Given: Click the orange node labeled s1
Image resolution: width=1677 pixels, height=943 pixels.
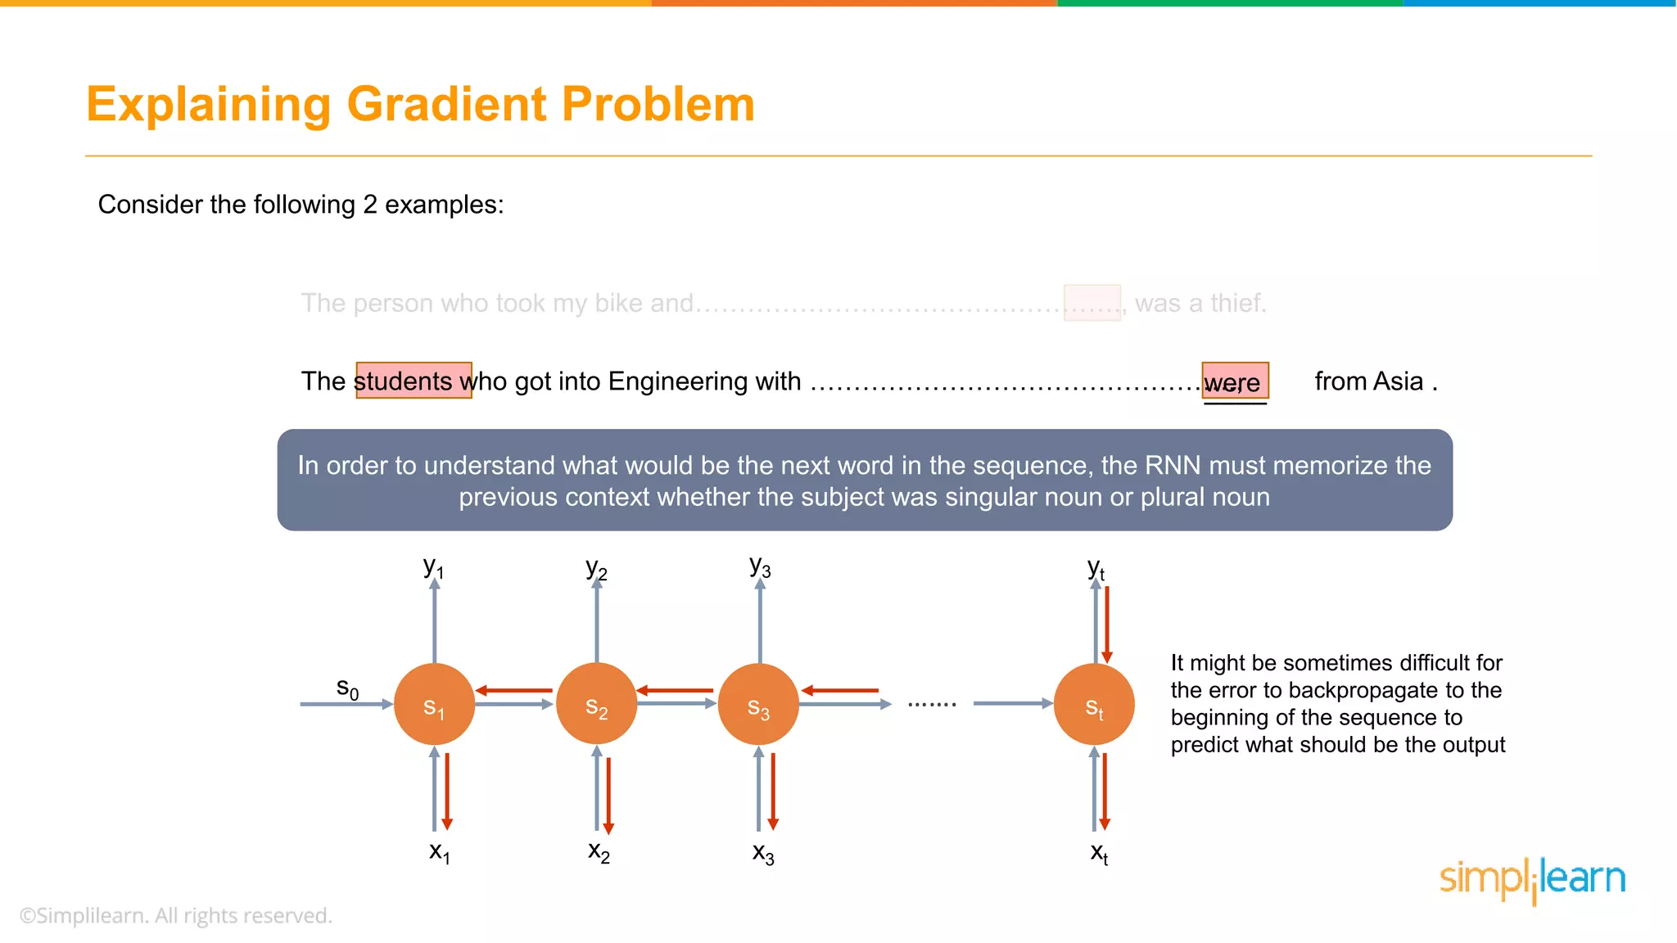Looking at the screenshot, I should click(434, 705).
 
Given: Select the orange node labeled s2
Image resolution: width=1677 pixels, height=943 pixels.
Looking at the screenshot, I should click(596, 705).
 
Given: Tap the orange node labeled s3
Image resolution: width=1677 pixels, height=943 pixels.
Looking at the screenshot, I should click(758, 705).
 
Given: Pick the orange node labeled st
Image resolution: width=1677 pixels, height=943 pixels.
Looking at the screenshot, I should click(1094, 705).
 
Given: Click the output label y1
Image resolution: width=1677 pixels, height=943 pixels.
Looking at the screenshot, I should click(433, 567).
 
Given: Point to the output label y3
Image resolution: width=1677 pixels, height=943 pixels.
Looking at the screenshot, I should click(760, 567).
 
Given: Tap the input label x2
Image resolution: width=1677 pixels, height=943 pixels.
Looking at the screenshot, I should click(599, 852).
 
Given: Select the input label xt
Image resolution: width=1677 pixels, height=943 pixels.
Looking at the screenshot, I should click(1099, 854).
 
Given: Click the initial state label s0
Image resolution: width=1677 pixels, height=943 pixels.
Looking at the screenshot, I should click(347, 688).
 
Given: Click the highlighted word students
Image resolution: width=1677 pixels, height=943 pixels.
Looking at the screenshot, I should click(403, 381).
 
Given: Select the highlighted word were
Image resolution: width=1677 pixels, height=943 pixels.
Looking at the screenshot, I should click(1232, 382).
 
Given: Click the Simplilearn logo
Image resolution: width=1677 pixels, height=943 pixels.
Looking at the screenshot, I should click(1532, 879).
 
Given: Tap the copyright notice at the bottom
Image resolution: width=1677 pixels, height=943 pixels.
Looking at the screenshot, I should click(175, 916).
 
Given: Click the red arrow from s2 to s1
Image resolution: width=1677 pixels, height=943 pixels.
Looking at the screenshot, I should click(514, 691).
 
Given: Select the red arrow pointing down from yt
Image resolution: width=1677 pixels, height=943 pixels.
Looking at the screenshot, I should click(1107, 624).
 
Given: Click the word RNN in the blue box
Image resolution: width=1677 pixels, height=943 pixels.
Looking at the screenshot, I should click(1173, 466).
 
